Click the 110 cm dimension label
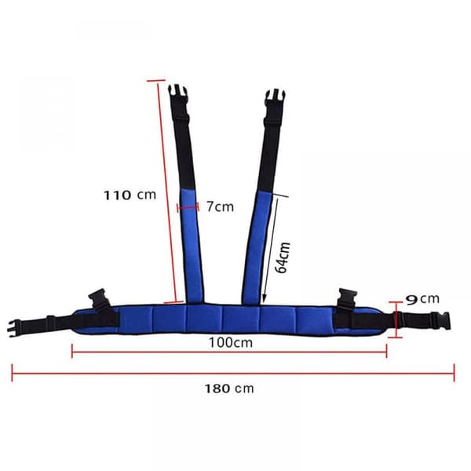tap(130, 195)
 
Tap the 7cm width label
tap(220, 206)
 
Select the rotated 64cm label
tap(283, 257)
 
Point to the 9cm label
tap(422, 299)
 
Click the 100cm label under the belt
tap(231, 342)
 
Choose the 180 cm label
tap(229, 389)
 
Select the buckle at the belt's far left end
tap(14, 328)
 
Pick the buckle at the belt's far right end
tap(440, 321)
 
